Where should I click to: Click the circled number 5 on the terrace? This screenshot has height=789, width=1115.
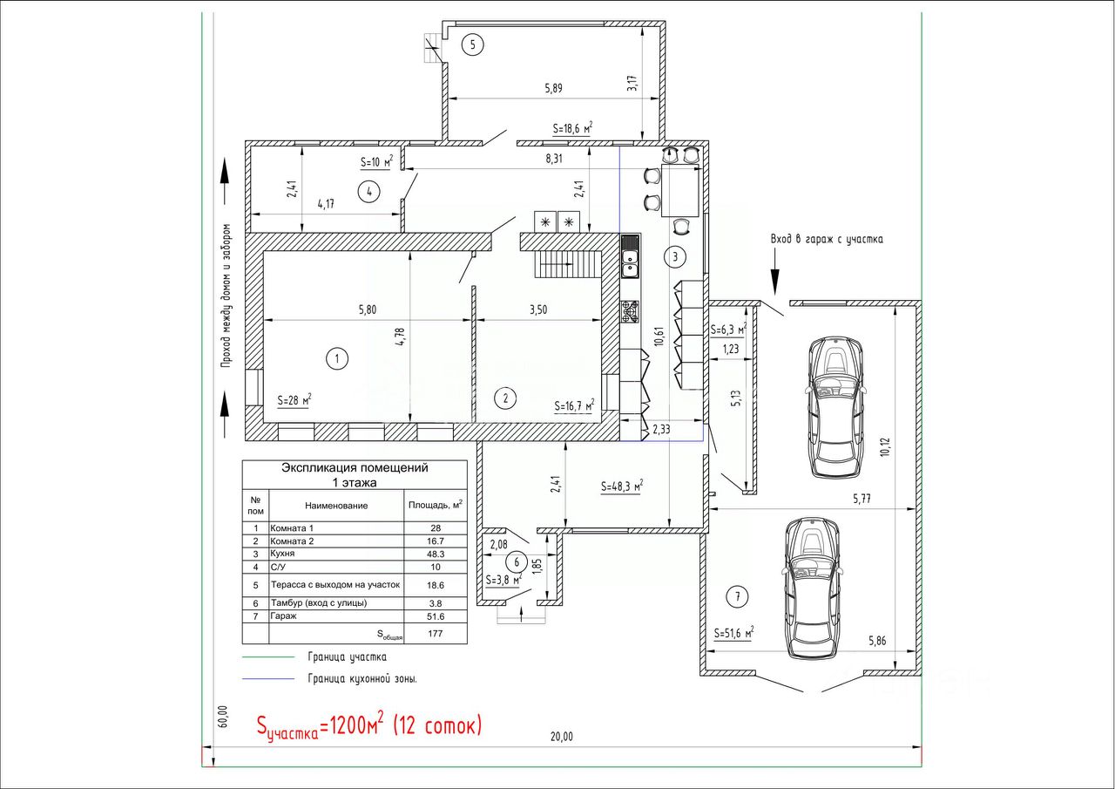(x=472, y=44)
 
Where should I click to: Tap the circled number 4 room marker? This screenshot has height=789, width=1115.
(x=368, y=192)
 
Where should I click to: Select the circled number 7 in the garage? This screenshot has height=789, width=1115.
(x=738, y=596)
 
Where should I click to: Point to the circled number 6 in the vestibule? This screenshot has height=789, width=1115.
(x=517, y=562)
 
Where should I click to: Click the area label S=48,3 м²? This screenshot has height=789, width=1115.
(x=622, y=486)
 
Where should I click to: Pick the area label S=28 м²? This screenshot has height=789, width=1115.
(x=294, y=400)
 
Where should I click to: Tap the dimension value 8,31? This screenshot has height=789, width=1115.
(x=553, y=159)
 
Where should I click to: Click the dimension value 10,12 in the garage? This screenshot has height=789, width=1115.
(x=884, y=446)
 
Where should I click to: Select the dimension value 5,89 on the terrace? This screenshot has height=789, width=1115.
(x=553, y=89)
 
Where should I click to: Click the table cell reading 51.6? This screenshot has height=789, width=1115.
(x=435, y=616)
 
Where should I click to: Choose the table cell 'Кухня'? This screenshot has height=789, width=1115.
(x=282, y=554)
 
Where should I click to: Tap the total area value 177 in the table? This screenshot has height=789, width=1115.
(x=435, y=634)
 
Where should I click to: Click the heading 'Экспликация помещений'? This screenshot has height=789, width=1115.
(x=355, y=467)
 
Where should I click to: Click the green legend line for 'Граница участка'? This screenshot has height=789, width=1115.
(x=268, y=657)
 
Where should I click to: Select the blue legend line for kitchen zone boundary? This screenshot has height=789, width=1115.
(x=268, y=678)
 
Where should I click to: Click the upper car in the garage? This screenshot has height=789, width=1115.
(x=835, y=407)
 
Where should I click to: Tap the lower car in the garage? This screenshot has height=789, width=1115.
(x=813, y=588)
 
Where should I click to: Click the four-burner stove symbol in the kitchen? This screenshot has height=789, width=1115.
(x=630, y=311)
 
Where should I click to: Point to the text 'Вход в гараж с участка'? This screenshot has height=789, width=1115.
(x=827, y=239)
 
